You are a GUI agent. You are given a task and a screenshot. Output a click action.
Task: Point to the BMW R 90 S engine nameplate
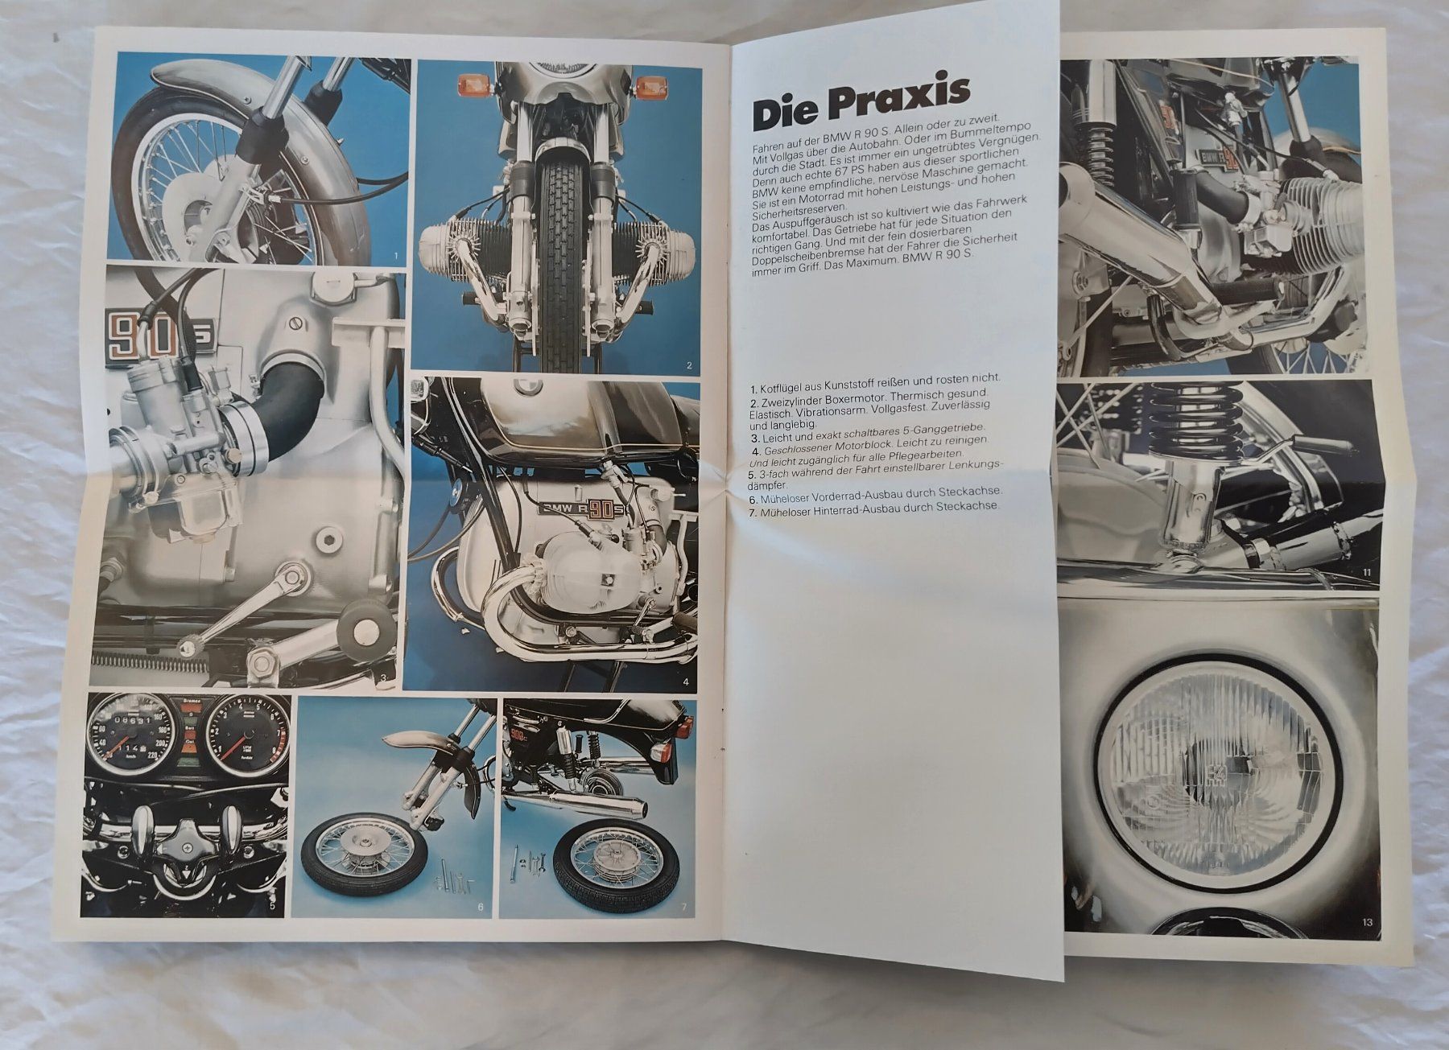(x=576, y=509)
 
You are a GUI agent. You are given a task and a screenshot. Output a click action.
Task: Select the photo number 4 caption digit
(x=685, y=681)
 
